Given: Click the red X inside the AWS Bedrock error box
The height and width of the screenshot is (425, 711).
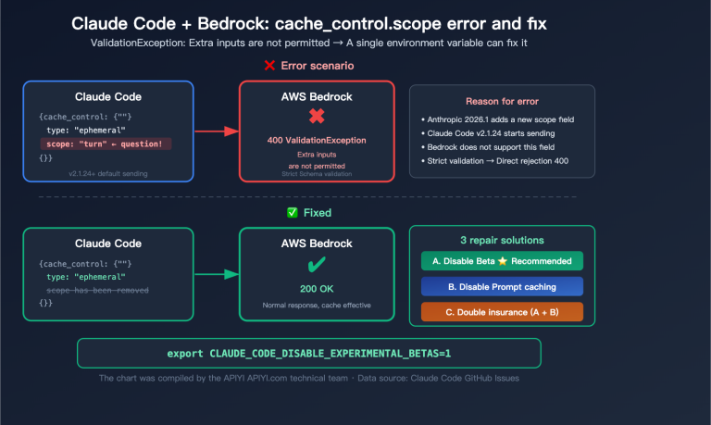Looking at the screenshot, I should pyautogui.click(x=317, y=117).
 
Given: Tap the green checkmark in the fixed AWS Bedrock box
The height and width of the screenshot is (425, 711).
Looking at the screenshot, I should pyautogui.click(x=317, y=265).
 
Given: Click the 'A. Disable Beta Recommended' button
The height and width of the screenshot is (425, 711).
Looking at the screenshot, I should pyautogui.click(x=502, y=260).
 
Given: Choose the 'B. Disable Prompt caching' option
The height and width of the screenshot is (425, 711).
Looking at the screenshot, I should pyautogui.click(x=502, y=286).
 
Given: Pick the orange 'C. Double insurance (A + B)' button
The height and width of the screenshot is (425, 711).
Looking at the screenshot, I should pyautogui.click(x=502, y=312).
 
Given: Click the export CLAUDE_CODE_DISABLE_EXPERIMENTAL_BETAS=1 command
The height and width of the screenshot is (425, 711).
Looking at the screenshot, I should pyautogui.click(x=308, y=354).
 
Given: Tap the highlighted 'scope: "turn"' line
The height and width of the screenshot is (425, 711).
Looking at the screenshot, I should pyautogui.click(x=104, y=144).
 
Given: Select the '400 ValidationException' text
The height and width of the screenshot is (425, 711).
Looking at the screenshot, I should pyautogui.click(x=317, y=139).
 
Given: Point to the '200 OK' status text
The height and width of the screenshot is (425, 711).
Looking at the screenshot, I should pyautogui.click(x=317, y=288).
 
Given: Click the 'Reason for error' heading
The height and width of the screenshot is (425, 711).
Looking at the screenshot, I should pyautogui.click(x=501, y=101).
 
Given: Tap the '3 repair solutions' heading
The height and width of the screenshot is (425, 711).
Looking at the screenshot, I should pyautogui.click(x=501, y=240).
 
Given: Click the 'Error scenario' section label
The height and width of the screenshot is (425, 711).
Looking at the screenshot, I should pyautogui.click(x=315, y=65).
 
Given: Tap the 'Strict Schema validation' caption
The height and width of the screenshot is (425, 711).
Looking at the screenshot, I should pyautogui.click(x=317, y=173).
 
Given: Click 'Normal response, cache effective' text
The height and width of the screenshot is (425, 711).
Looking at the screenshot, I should pyautogui.click(x=317, y=305).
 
